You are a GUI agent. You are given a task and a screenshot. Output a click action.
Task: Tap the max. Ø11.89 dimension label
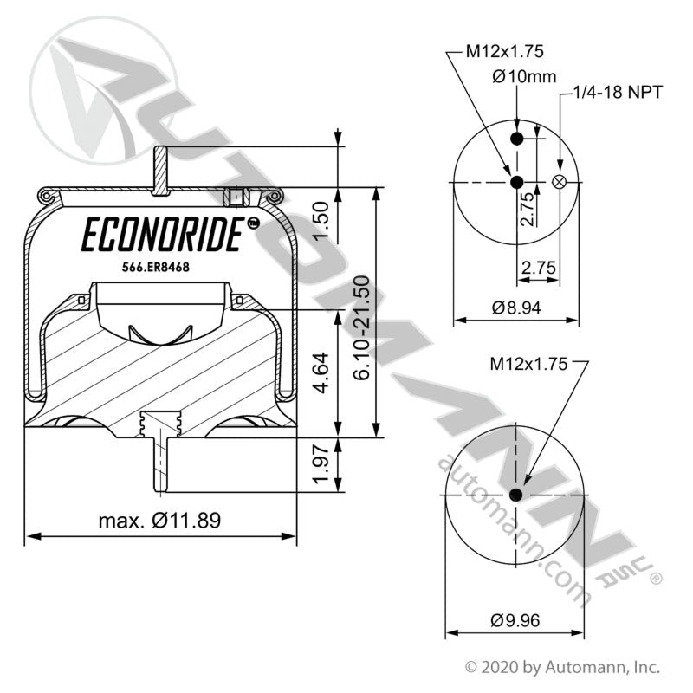point(159,521)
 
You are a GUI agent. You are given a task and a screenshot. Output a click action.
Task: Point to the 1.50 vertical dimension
point(321,222)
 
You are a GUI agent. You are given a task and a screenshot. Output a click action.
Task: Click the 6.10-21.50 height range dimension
point(363,326)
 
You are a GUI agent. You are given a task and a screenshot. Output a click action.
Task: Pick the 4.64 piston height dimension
point(321,371)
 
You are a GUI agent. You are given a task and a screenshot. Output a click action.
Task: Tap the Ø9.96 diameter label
point(515,619)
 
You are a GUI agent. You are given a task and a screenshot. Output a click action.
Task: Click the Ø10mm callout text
point(524,76)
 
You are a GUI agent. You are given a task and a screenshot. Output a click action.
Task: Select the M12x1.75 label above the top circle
point(493,51)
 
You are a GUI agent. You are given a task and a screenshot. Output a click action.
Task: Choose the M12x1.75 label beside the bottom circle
point(528,365)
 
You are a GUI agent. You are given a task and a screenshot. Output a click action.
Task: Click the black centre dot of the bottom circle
point(516,495)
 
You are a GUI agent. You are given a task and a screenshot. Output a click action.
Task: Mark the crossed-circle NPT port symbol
point(560,182)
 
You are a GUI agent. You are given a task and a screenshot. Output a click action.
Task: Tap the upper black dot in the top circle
point(516,140)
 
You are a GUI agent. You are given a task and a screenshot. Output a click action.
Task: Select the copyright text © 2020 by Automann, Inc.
point(563,667)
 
